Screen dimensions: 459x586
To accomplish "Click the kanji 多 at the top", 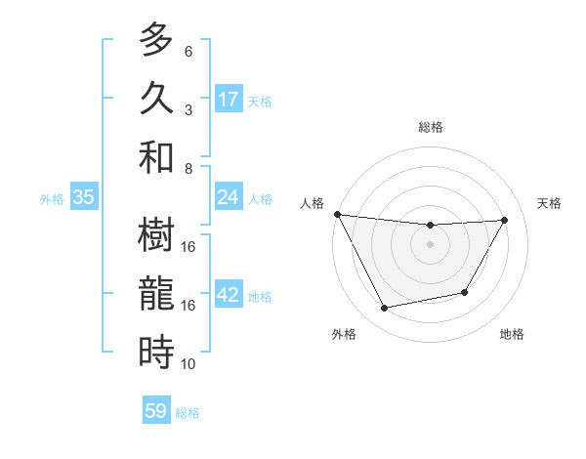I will coord(156,41).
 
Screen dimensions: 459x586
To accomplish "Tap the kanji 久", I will coord(156,99).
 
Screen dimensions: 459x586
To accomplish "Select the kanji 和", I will coord(156,156).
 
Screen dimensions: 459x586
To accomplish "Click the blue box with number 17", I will coord(229,100).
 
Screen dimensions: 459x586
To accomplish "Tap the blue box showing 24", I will coord(229,198).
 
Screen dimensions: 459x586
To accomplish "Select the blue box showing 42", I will coord(229,296).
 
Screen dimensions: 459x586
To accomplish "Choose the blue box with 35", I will coord(84,198).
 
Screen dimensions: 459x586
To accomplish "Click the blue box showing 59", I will coord(156,411).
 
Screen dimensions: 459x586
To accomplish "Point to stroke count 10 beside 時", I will coord(188,364).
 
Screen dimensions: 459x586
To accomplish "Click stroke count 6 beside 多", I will coord(188,52).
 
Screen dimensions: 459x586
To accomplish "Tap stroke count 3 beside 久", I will coord(188,109).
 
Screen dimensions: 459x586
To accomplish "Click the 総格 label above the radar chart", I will coord(430,127).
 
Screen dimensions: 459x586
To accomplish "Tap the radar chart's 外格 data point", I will coord(385,309).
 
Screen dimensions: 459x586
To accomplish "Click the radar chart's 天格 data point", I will coord(505,220).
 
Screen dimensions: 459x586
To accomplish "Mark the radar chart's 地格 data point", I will coord(465,292).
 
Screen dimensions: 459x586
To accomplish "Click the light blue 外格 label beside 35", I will coord(52,199).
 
